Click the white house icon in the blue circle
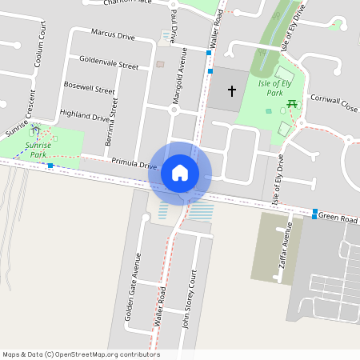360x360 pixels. tap(180, 172)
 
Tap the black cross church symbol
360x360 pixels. tap(232, 91)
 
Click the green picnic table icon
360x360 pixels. tap(294, 103)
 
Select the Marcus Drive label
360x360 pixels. tap(113, 35)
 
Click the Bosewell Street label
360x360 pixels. tap(89, 87)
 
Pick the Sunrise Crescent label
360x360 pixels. tap(21, 112)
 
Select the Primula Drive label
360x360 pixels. tap(134, 163)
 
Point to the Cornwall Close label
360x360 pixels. tap(334, 102)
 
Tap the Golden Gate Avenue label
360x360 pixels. tap(131, 286)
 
